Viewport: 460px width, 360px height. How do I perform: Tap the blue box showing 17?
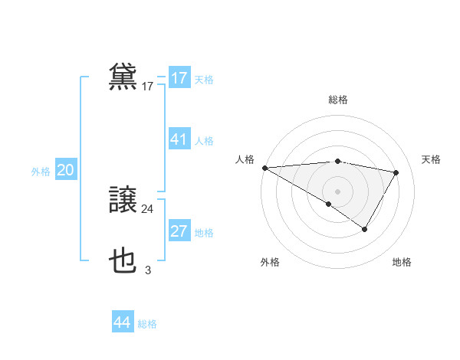179,78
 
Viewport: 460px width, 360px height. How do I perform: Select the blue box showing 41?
179,139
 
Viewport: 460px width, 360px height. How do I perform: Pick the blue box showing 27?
179,231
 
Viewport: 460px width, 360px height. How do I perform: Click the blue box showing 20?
66,171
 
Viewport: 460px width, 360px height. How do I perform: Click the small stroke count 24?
147,208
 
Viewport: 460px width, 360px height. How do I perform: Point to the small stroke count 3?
148,270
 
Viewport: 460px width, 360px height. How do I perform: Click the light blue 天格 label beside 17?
204,80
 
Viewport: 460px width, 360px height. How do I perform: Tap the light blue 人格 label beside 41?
204,141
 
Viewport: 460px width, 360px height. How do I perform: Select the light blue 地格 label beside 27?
204,233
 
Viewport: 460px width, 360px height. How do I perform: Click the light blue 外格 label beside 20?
41,172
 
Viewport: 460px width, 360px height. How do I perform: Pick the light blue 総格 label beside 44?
147,324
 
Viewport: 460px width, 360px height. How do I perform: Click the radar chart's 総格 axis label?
337,100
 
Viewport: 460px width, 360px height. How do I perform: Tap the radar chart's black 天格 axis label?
431,159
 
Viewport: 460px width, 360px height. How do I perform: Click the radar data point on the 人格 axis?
264,167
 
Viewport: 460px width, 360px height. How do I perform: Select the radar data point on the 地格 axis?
365,229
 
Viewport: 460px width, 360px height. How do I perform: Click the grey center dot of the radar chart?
337,191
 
